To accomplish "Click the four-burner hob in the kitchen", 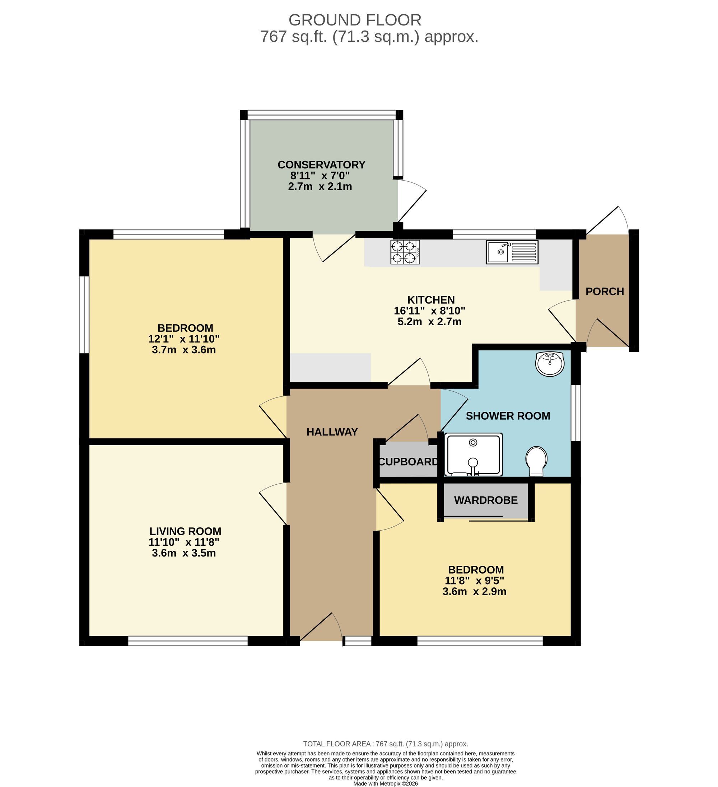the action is (x=405, y=252).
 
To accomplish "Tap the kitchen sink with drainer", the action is (x=512, y=252).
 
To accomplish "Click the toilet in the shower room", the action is (x=536, y=462).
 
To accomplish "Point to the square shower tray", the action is (x=474, y=455).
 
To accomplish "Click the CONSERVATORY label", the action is (x=321, y=165).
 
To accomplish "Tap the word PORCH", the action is (x=605, y=292).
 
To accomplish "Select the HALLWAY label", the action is (x=332, y=432).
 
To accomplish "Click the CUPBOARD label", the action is (x=409, y=462).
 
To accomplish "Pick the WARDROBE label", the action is (x=486, y=500).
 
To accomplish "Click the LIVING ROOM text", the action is (x=185, y=531).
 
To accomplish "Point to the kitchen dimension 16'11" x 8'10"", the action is (x=429, y=311).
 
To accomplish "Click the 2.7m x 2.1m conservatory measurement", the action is (x=320, y=187).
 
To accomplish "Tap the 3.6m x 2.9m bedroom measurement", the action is (x=474, y=591).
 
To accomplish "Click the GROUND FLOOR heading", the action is (x=355, y=20).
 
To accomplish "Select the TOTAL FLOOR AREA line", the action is (x=385, y=744).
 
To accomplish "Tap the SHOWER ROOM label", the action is (x=508, y=416).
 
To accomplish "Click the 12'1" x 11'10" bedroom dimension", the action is (x=184, y=339).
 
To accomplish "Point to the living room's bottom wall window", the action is (x=188, y=641).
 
